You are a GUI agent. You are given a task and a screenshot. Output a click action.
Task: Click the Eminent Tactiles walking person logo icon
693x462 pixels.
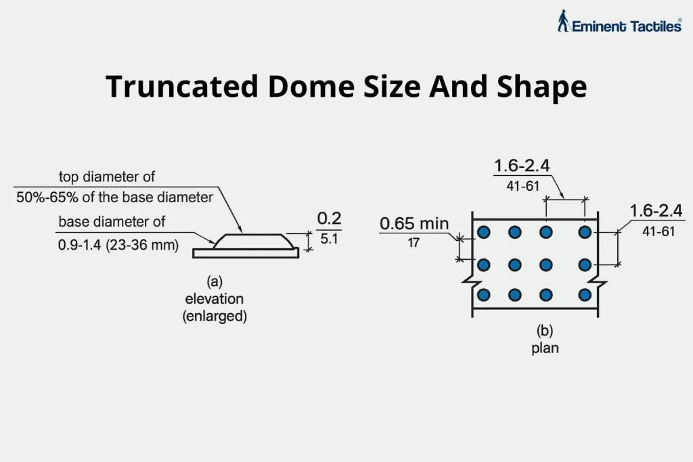[x=563, y=21]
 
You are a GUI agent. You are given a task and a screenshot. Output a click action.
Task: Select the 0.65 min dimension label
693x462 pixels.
[x=413, y=224]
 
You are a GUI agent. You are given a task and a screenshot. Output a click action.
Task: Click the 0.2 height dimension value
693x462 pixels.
[x=330, y=218]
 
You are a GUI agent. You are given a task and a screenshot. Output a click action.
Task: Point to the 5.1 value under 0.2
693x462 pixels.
[x=330, y=239]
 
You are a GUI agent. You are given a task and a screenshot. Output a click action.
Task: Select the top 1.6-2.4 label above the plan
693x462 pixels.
[x=521, y=166]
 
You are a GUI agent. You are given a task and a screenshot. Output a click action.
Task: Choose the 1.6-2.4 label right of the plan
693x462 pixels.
[x=656, y=210]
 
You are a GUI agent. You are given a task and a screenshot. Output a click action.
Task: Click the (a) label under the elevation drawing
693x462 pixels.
[x=215, y=281]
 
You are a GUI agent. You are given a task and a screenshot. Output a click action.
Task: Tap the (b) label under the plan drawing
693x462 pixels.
[x=546, y=331]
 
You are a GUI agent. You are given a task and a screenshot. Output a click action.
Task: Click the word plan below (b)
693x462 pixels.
[x=546, y=349]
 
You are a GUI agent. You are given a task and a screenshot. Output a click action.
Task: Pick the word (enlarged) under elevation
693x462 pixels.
[x=215, y=316]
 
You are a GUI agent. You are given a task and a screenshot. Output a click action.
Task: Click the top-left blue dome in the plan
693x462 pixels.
[x=483, y=233]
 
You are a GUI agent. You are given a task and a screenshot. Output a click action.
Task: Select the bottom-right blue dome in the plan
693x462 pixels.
[x=585, y=295]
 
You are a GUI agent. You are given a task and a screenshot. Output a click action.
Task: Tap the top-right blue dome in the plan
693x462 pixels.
[x=585, y=233]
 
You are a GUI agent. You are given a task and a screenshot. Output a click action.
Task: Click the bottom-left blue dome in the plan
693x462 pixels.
[x=483, y=295]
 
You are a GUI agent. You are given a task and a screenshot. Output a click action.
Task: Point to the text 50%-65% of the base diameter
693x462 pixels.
[x=114, y=198]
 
